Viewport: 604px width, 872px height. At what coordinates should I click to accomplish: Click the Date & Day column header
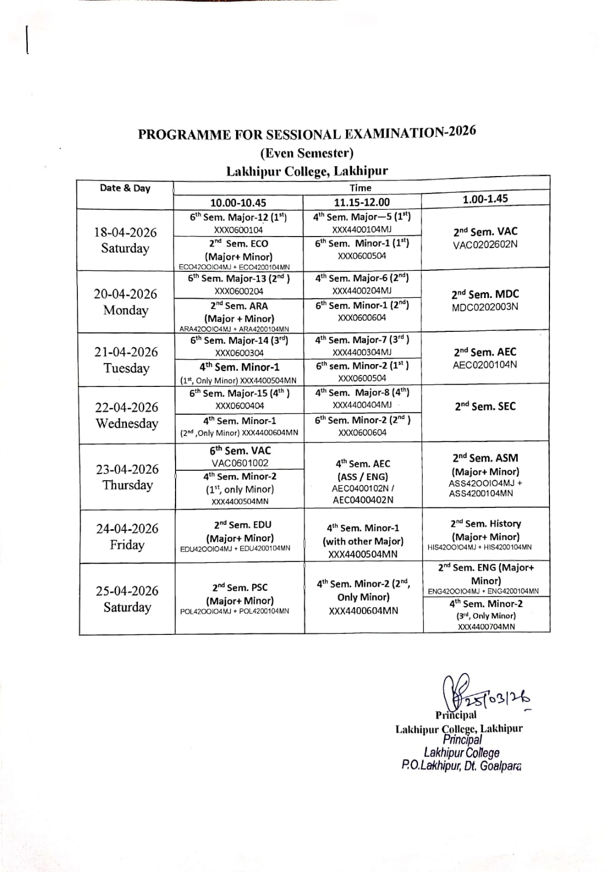(125, 189)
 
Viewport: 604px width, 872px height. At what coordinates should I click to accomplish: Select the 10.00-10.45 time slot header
(238, 203)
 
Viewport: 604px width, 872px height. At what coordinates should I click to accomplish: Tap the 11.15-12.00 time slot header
(361, 202)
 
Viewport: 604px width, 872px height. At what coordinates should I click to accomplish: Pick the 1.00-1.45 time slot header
(485, 199)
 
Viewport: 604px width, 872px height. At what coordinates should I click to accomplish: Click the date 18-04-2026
(125, 233)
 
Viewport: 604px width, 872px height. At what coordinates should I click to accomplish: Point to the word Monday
(125, 311)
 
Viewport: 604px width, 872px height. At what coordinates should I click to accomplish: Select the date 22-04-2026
(126, 408)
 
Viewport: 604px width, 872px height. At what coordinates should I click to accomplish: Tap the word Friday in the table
(127, 545)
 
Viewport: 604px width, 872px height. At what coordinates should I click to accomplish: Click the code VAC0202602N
(485, 245)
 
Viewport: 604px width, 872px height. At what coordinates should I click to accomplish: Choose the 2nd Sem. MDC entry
(485, 294)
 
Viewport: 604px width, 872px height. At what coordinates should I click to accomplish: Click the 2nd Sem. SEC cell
(485, 407)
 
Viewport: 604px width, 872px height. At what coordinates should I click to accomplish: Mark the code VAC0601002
(240, 463)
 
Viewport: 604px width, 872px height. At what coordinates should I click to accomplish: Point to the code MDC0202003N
(485, 307)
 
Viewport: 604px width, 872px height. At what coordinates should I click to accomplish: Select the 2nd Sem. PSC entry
(240, 588)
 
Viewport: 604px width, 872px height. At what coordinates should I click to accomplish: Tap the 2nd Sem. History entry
(485, 524)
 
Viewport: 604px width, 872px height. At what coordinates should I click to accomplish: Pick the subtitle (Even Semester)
(306, 153)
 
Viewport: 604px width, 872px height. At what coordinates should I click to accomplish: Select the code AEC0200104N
(485, 365)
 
